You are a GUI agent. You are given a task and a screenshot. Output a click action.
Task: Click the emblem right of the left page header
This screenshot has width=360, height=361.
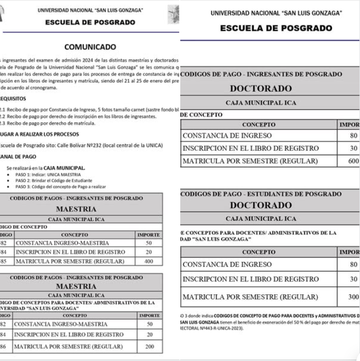coord(174,15)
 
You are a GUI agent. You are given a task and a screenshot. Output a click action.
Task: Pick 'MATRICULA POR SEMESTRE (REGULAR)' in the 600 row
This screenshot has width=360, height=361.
coord(250,161)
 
